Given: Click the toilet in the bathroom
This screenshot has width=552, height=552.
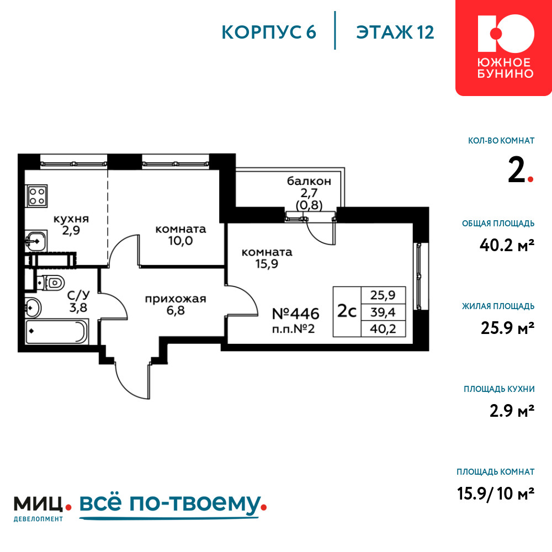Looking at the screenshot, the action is point(51,283).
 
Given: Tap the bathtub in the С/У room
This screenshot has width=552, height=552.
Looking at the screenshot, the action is point(56,331).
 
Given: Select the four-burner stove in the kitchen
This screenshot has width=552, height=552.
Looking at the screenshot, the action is point(36,196).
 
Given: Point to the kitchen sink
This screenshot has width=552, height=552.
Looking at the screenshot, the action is point(36,241).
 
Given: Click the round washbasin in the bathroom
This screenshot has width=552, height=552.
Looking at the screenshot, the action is point(33,308).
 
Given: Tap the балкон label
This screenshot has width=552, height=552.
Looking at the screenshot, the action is point(309,181).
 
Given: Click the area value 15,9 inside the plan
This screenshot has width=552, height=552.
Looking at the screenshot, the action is point(267,264).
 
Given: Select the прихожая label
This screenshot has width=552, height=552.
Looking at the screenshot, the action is point(176,299).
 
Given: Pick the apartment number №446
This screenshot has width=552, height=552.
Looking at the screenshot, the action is point(296,314).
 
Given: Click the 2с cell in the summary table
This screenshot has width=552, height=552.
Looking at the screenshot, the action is point(347,311).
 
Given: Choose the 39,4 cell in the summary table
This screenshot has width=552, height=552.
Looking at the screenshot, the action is point(383,312).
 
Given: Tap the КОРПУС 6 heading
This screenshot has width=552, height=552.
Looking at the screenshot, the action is point(269,33).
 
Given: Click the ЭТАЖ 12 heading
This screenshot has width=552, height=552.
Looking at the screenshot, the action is point(395,33).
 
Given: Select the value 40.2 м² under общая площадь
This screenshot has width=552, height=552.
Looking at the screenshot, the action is point(507,245).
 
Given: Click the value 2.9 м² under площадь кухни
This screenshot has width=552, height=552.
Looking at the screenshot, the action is point(512,411).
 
